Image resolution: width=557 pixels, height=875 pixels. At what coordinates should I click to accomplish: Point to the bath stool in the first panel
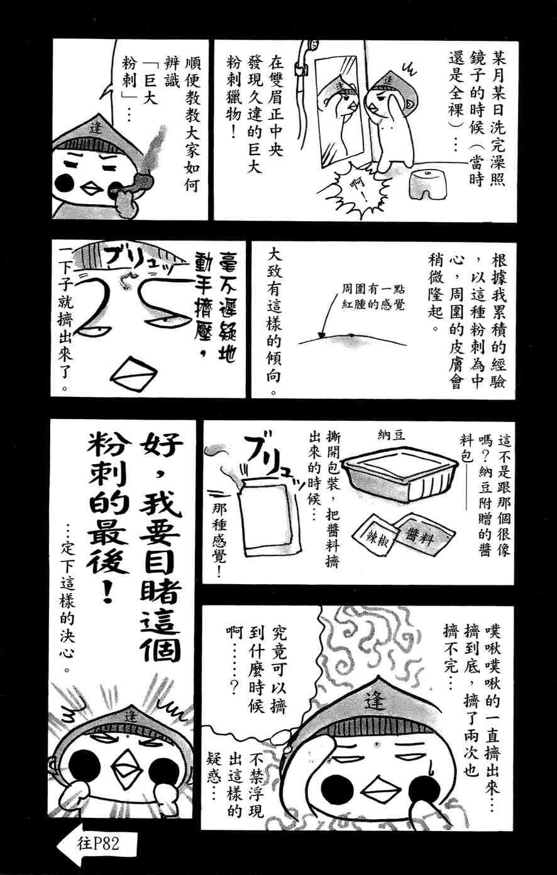(422, 186)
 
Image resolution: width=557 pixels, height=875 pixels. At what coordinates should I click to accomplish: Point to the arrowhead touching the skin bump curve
(322, 334)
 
